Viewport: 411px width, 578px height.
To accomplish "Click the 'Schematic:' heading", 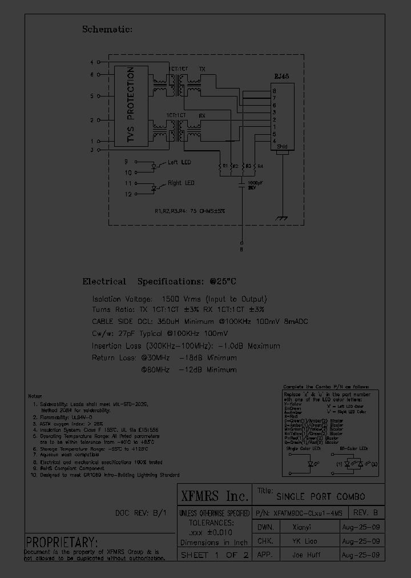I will [x=107, y=29].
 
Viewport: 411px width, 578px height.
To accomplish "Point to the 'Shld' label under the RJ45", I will [x=281, y=147].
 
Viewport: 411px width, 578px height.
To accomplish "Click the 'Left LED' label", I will [x=179, y=163].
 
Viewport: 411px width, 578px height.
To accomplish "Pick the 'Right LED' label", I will [x=181, y=183].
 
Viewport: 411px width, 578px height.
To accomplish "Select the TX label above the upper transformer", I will [x=202, y=69].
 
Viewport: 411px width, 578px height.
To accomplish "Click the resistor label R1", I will [x=226, y=166].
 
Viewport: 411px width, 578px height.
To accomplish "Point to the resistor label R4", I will [x=260, y=166].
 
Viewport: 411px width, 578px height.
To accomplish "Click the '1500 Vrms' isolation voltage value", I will [x=179, y=299].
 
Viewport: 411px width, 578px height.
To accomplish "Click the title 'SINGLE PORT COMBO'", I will [x=321, y=496].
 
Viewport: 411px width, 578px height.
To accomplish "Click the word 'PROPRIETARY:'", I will [x=62, y=542].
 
